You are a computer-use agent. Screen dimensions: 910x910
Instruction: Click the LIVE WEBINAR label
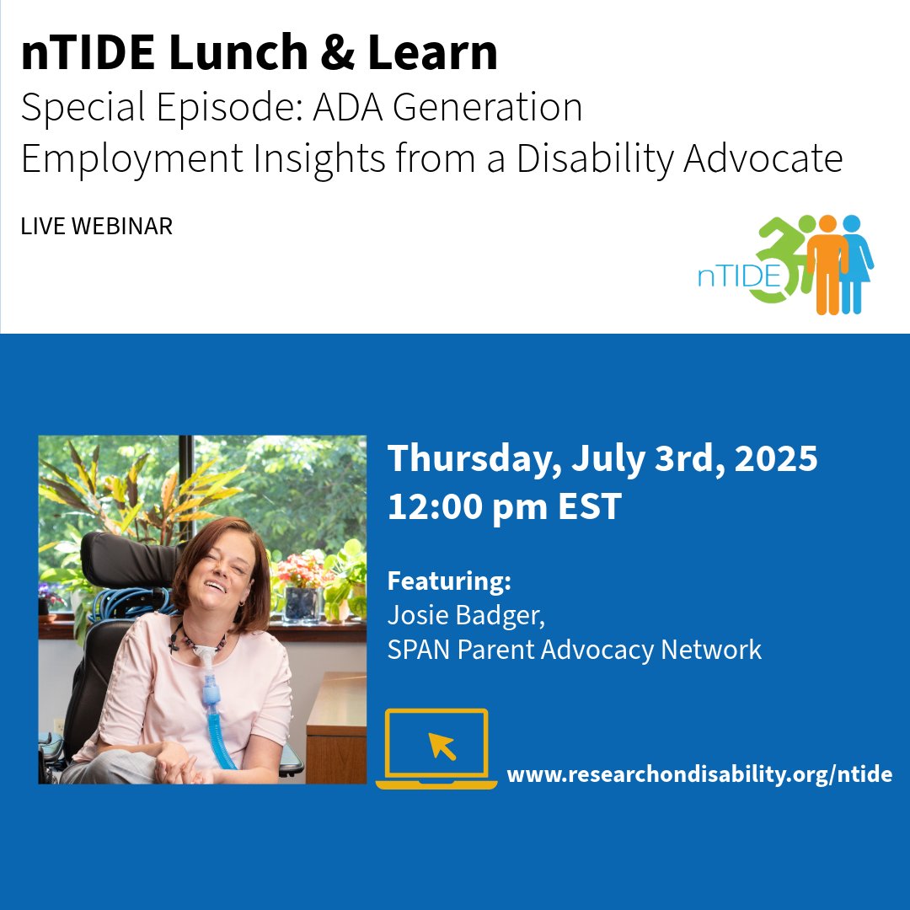click(x=97, y=227)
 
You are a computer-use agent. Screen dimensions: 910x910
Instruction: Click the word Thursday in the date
click(x=474, y=460)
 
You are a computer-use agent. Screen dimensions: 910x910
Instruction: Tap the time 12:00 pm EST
click(x=504, y=507)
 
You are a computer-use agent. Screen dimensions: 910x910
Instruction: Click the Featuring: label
click(x=449, y=581)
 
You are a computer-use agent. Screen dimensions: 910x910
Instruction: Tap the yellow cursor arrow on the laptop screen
click(x=442, y=746)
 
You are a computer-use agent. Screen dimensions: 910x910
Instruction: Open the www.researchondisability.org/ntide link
click(x=699, y=774)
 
